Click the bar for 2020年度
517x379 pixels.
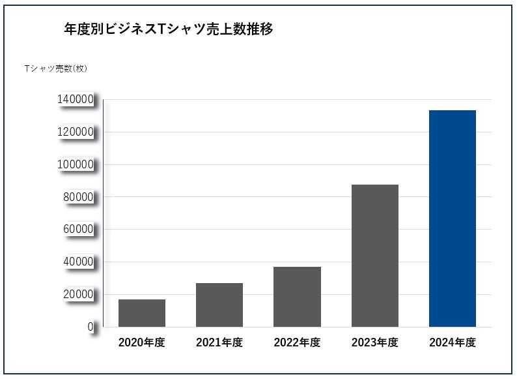[x=142, y=313]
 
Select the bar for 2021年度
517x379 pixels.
[x=219, y=305]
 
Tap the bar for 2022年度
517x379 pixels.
[x=297, y=297]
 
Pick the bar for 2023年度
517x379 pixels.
[x=375, y=256]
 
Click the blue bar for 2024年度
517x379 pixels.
[x=453, y=219]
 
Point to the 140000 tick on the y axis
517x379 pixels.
[x=76, y=100]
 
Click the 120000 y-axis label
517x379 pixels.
[x=76, y=132]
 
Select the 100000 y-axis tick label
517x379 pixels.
[x=76, y=165]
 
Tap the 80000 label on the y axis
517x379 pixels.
[x=79, y=197]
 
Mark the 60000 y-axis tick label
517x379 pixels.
[x=79, y=230]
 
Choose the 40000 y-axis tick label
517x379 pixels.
[x=79, y=262]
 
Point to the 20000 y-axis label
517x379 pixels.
[x=79, y=294]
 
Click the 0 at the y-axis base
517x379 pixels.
[x=91, y=327]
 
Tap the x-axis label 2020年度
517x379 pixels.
[x=142, y=343]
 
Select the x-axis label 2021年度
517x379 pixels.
[x=219, y=343]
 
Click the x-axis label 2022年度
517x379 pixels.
[x=297, y=343]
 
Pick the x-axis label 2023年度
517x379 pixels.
[x=375, y=343]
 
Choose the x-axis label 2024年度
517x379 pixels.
[x=453, y=343]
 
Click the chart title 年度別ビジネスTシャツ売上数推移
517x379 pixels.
[x=169, y=29]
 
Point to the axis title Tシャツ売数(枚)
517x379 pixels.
[x=55, y=68]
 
